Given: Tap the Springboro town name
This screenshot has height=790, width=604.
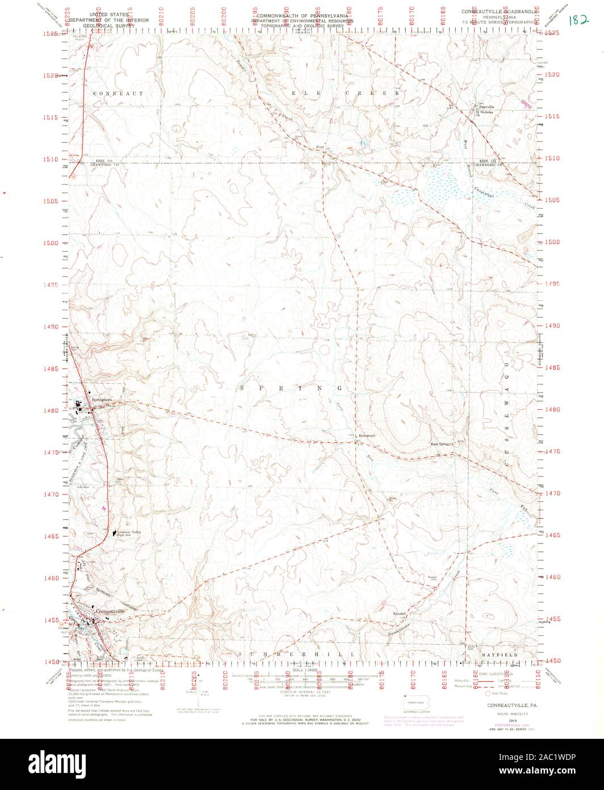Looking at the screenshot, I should pyautogui.click(x=98, y=401).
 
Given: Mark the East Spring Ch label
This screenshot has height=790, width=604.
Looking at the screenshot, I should pyautogui.click(x=443, y=444).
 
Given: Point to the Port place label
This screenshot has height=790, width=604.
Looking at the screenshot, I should pyautogui.click(x=320, y=147).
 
